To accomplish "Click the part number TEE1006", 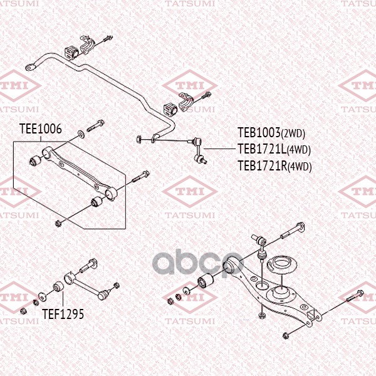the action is [x=41, y=129].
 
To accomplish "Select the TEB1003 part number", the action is [x=259, y=133].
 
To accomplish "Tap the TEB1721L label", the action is [x=262, y=149].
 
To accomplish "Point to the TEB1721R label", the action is [x=263, y=165].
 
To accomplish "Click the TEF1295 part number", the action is [x=63, y=314].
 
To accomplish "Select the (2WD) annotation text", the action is [x=293, y=134].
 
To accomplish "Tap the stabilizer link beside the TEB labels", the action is [x=198, y=150].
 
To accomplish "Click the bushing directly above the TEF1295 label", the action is [x=58, y=286].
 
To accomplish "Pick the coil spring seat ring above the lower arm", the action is [x=282, y=265].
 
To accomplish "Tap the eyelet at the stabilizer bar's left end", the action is [x=30, y=68].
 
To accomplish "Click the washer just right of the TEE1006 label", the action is [x=81, y=134].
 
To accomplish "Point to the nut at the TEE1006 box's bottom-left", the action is [x=58, y=224].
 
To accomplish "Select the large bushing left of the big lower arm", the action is [x=206, y=281].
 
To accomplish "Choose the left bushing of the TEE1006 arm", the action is [x=36, y=160].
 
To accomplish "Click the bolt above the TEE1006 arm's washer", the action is [x=95, y=126].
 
